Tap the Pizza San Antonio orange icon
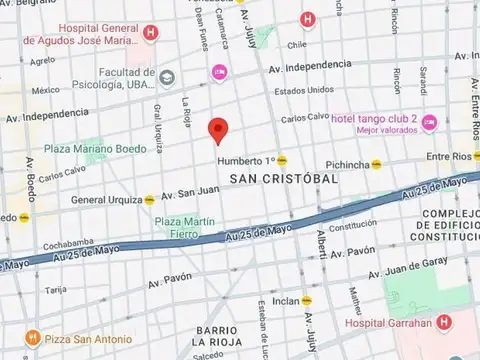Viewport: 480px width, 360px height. (x=32, y=338)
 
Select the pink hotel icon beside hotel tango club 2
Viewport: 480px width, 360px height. (x=429, y=122)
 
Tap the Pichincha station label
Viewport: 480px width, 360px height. (x=349, y=164)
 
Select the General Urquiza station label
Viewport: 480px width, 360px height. (x=106, y=199)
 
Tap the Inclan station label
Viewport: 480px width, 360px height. (x=286, y=299)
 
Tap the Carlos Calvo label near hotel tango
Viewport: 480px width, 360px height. (x=305, y=118)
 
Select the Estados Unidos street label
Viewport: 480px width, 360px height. (x=304, y=90)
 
